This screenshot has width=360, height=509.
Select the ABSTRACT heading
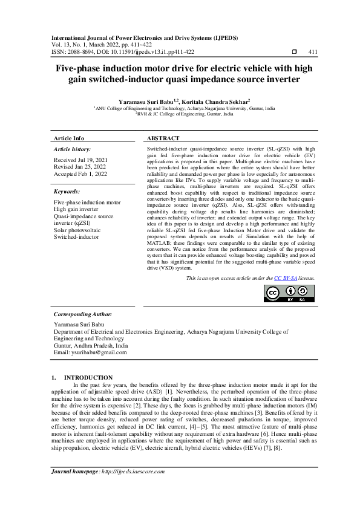(x=163, y=138)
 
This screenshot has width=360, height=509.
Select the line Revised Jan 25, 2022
(x=79, y=166)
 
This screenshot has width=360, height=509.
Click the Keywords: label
(x=67, y=191)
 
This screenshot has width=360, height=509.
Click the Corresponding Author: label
(x=83, y=314)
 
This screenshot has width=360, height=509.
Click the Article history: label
(x=73, y=149)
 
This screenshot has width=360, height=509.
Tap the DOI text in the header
(x=142, y=52)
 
